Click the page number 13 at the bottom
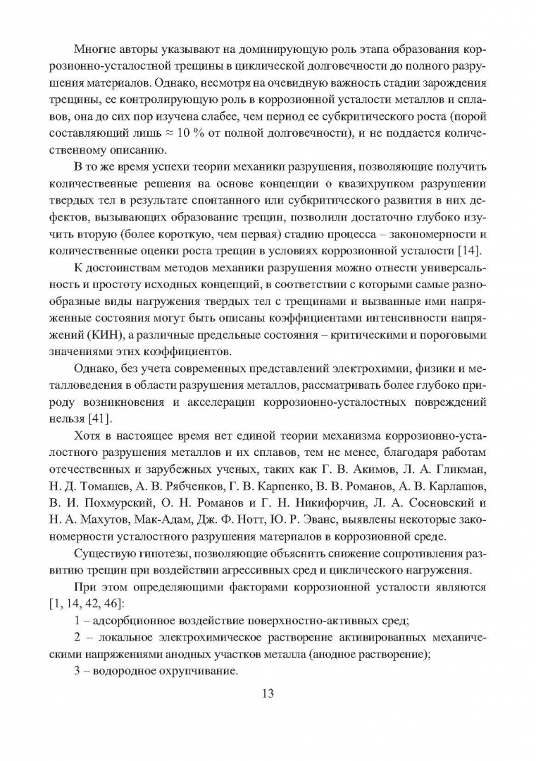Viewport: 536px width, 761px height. pyautogui.click(x=267, y=693)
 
